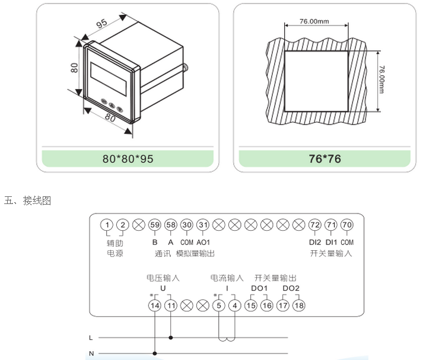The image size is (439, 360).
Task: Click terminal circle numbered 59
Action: point(155,225)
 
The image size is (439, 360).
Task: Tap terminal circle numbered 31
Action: point(203,225)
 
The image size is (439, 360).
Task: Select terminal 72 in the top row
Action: point(315,225)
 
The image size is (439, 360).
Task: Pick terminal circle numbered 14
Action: point(155,305)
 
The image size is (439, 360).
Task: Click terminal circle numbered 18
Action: point(298,305)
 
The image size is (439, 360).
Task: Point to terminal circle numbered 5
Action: point(219,305)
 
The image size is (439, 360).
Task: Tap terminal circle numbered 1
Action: point(107,225)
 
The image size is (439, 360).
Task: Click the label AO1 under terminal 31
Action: point(203,243)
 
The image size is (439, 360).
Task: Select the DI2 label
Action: point(315,243)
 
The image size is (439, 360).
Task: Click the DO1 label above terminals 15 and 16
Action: point(259,288)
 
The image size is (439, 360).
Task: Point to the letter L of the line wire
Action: point(90,338)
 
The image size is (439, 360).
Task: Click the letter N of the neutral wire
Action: point(90,354)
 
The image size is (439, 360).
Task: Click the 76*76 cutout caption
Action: point(325,160)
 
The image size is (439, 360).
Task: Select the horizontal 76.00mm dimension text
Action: point(314,21)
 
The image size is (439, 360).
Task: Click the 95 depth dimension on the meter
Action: point(102,24)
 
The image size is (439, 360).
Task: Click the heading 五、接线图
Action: point(28,201)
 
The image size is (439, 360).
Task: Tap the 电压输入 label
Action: point(163,278)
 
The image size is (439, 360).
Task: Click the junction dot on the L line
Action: point(171,338)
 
